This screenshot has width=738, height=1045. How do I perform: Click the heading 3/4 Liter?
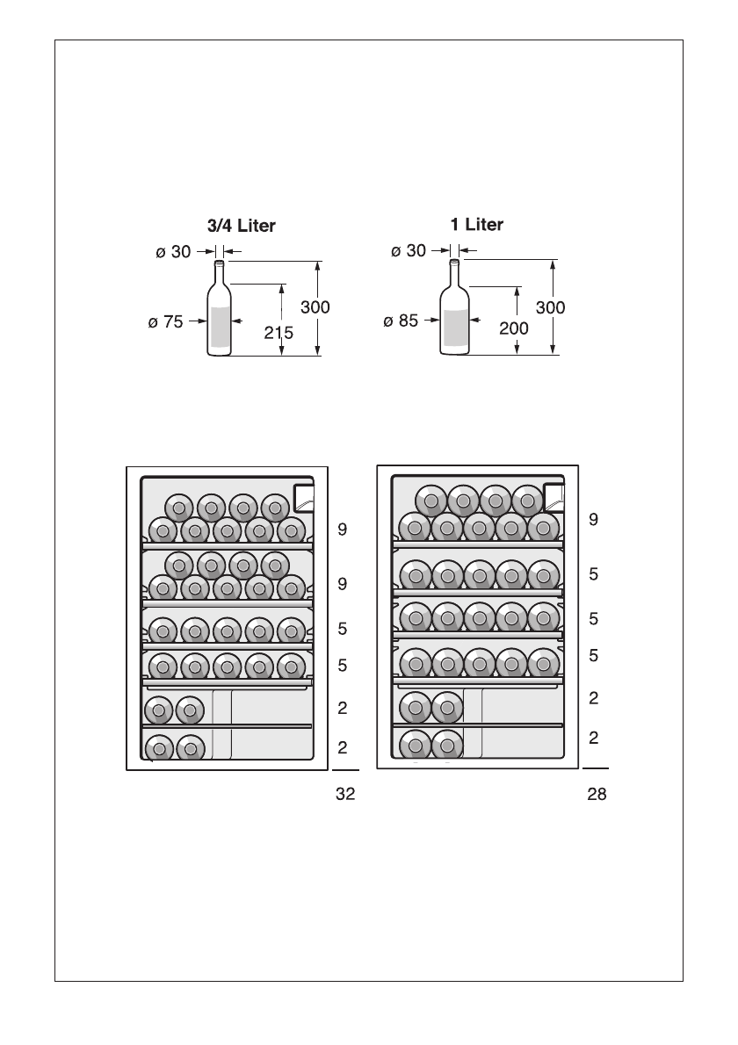pyautogui.click(x=241, y=226)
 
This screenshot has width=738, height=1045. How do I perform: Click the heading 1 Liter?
pyautogui.click(x=476, y=225)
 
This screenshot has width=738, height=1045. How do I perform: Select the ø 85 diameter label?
pyautogui.click(x=401, y=321)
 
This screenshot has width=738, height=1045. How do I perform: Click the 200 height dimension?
pyautogui.click(x=513, y=328)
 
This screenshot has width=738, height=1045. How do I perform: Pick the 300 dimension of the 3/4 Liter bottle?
pyautogui.click(x=315, y=307)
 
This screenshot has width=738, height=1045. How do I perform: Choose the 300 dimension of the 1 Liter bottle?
pyautogui.click(x=550, y=307)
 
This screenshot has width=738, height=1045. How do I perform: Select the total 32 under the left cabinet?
pyautogui.click(x=345, y=795)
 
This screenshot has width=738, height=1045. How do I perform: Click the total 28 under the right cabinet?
pyautogui.click(x=597, y=795)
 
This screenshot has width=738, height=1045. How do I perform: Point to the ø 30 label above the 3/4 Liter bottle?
pyautogui.click(x=173, y=252)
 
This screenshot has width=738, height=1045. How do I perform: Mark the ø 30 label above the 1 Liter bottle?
pyautogui.click(x=408, y=251)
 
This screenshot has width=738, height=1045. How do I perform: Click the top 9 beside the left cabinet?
pyautogui.click(x=343, y=530)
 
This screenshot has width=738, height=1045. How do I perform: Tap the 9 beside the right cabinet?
pyautogui.click(x=594, y=519)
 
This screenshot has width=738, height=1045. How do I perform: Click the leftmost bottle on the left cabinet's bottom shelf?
pyautogui.click(x=159, y=748)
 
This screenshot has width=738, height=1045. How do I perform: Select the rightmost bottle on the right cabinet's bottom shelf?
pyautogui.click(x=447, y=746)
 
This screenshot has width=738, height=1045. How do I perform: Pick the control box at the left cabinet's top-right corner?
pyautogui.click(x=302, y=498)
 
